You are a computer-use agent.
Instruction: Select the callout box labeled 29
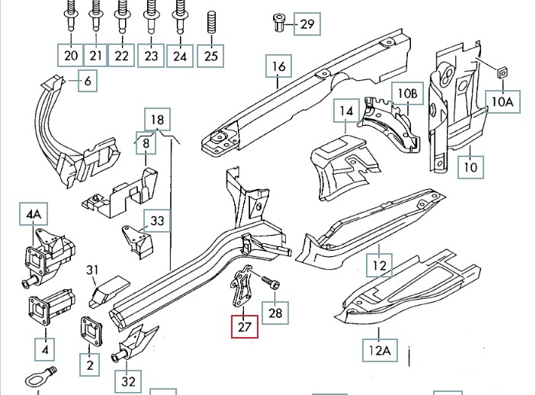click(307, 24)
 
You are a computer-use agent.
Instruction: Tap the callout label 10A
click(503, 101)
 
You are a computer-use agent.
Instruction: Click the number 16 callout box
click(278, 67)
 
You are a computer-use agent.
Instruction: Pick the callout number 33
click(157, 222)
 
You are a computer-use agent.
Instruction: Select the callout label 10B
click(407, 94)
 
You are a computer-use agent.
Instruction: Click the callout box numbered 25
click(211, 56)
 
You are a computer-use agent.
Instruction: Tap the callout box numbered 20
click(71, 56)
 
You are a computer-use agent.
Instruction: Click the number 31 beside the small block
click(93, 269)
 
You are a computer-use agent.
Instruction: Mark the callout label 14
click(346, 111)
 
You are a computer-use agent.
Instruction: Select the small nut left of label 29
click(280, 23)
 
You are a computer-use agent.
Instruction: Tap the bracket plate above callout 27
click(243, 285)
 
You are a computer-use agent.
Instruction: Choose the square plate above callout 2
click(90, 332)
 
